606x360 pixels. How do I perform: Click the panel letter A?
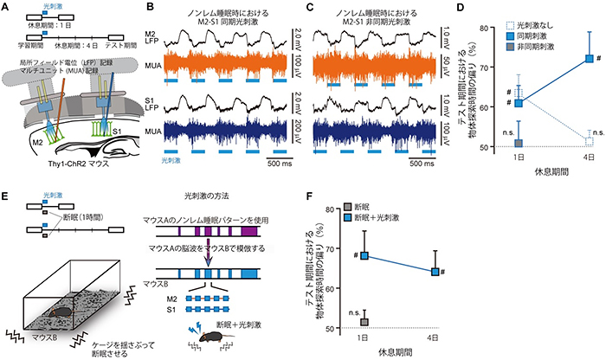click(6, 8)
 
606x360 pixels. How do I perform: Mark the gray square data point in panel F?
click(364, 321)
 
